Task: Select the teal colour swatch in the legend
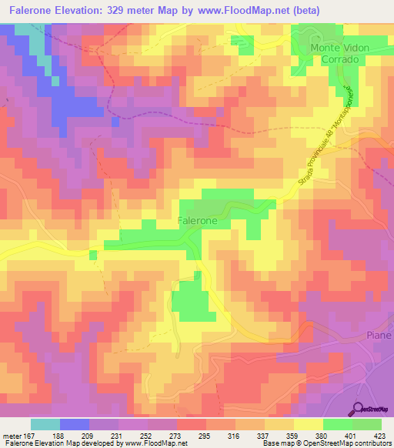pos(45,424)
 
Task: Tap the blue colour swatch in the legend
pos(75,424)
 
